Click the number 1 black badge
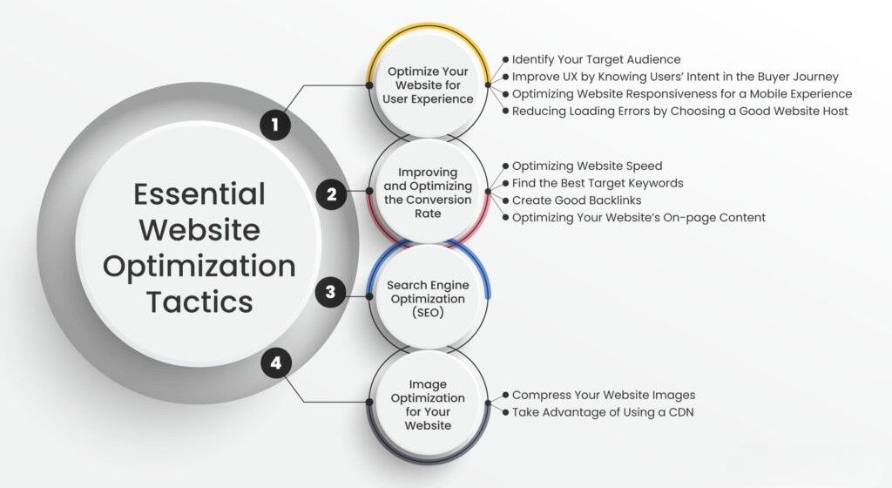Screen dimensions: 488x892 (275, 125)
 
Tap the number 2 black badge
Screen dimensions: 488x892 (331, 194)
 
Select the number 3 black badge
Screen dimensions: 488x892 (330, 291)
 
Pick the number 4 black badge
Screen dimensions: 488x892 (276, 363)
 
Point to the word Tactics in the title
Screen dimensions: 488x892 (199, 302)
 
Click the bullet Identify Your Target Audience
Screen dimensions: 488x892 (596, 59)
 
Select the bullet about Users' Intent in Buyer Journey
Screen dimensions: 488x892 (675, 77)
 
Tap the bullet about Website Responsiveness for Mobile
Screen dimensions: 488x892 (682, 93)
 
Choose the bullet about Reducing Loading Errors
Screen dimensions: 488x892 (679, 111)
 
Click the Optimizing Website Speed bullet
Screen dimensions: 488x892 (587, 166)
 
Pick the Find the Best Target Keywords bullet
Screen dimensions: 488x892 (598, 183)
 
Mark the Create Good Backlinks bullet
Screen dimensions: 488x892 (577, 200)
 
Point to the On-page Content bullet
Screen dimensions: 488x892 (639, 217)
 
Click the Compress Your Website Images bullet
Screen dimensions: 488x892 (604, 395)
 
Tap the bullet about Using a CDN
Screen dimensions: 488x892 (602, 412)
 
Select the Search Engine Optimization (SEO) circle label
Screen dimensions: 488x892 (428, 299)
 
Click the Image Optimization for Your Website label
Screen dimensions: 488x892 (428, 404)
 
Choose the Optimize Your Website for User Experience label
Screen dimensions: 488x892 (428, 85)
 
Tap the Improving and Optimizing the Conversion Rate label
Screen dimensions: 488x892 (428, 193)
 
